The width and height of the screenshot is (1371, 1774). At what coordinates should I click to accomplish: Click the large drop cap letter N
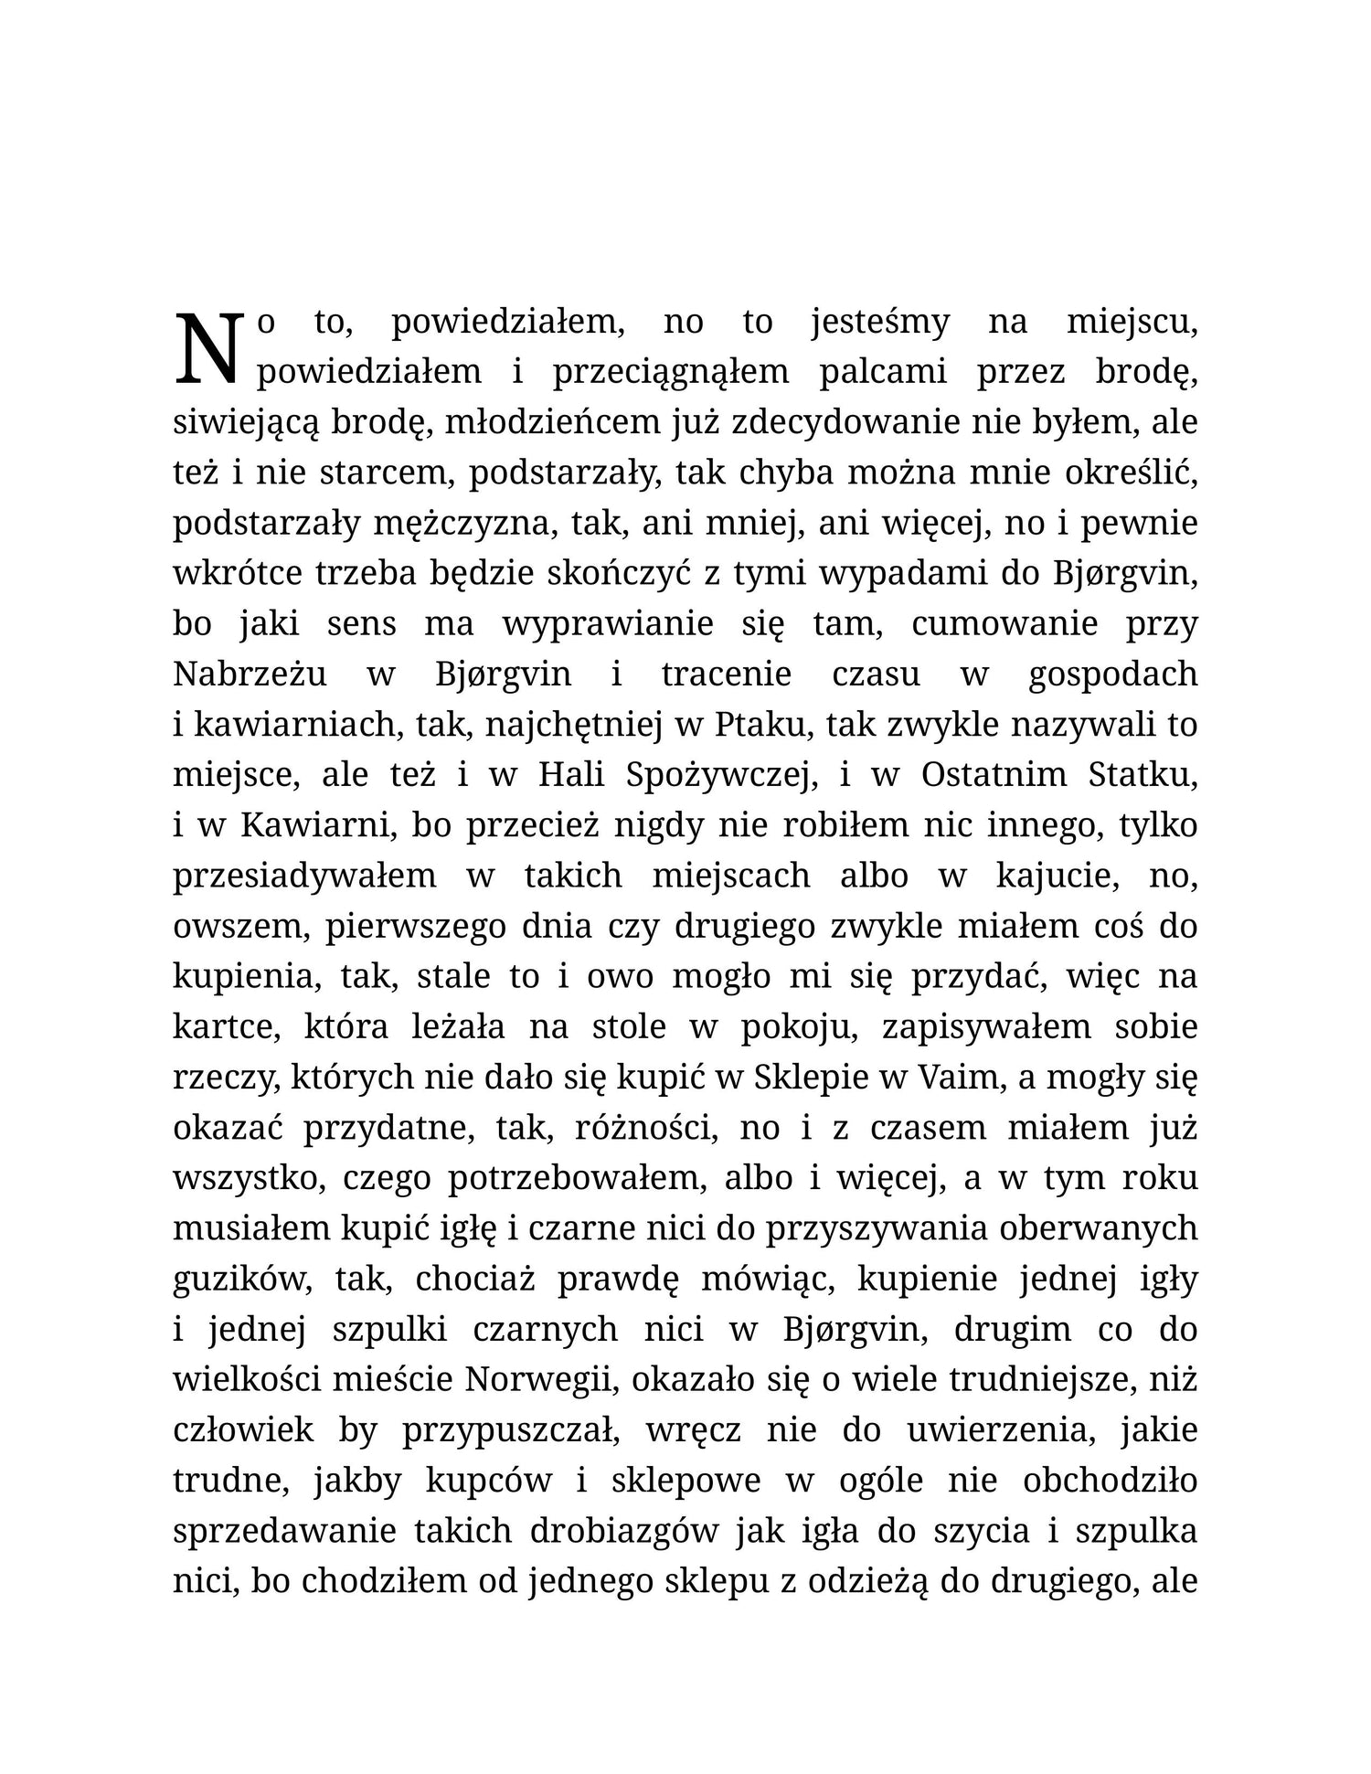pos(209,348)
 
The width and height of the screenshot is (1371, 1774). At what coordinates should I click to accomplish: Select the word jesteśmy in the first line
pos(879,324)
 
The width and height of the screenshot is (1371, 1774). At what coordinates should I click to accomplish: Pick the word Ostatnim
pos(992,776)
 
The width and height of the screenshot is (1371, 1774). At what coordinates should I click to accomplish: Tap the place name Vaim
pos(954,1078)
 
